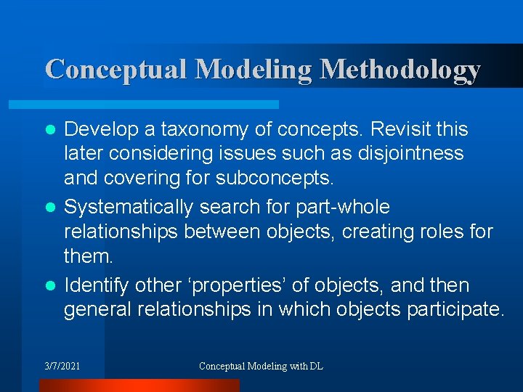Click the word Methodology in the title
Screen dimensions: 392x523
click(400, 70)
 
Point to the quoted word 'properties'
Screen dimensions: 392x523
click(246, 285)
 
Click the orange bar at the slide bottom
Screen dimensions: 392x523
click(138, 385)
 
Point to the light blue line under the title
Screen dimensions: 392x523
click(160, 105)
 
